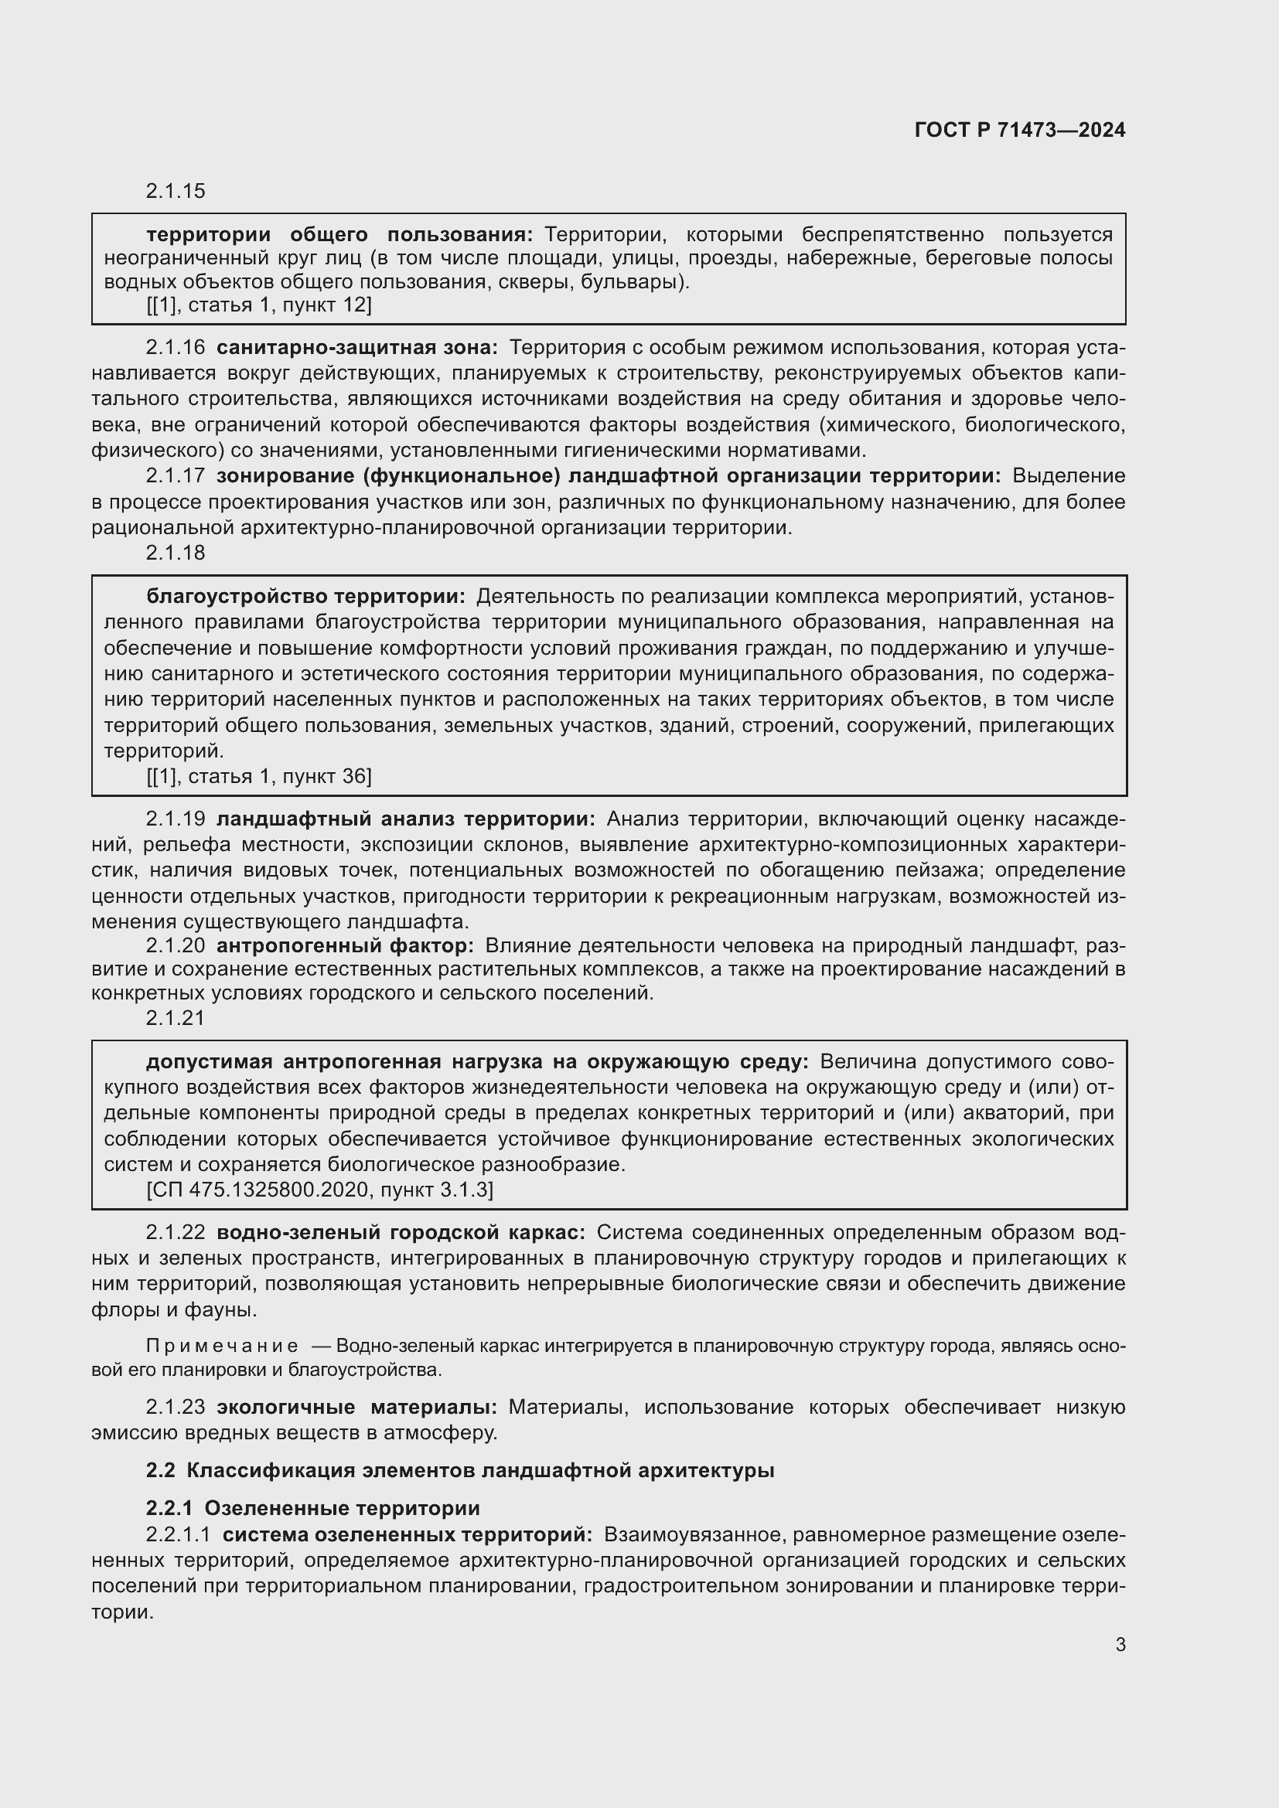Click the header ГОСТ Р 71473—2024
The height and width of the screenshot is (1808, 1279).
click(x=1019, y=131)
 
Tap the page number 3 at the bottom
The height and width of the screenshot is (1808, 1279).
click(x=1120, y=1644)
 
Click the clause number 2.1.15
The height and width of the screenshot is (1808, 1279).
click(x=175, y=192)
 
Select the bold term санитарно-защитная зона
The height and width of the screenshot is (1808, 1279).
click(x=356, y=347)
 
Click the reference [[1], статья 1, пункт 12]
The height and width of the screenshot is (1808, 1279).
click(x=258, y=305)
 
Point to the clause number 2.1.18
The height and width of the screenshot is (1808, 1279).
click(x=175, y=553)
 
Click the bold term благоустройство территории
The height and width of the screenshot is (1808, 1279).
click(x=305, y=597)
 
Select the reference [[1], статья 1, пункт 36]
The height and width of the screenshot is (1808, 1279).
click(x=258, y=776)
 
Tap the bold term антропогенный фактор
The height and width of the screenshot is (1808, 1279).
click(x=345, y=945)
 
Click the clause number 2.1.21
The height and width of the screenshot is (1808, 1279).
click(x=175, y=1018)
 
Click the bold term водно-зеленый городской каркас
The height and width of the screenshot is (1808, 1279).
click(x=401, y=1232)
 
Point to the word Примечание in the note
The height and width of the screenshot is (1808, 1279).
click(x=222, y=1346)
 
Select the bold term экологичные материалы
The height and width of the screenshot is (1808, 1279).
click(x=356, y=1407)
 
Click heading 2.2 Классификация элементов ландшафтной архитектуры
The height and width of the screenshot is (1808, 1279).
click(x=460, y=1470)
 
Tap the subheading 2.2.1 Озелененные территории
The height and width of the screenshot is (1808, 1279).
click(x=312, y=1508)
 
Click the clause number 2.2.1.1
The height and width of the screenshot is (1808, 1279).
click(x=178, y=1534)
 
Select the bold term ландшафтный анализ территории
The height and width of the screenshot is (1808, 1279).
click(x=407, y=819)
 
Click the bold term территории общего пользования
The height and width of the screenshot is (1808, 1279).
click(x=339, y=235)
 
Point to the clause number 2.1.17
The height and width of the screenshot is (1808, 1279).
click(x=175, y=475)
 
